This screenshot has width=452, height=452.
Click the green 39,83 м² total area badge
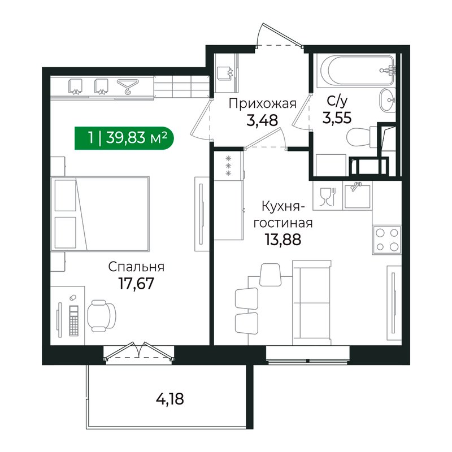point(124,138)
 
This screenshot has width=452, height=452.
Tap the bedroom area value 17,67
point(135,282)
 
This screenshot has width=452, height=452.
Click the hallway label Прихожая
point(263,103)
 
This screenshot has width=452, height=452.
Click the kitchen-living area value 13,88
point(283,238)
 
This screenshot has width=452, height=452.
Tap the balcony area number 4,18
point(170,400)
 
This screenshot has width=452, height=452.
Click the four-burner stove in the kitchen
point(386,238)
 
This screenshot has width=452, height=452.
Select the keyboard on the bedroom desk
point(74,319)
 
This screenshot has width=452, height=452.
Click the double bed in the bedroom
point(101,214)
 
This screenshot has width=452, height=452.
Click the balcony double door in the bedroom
point(139,351)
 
